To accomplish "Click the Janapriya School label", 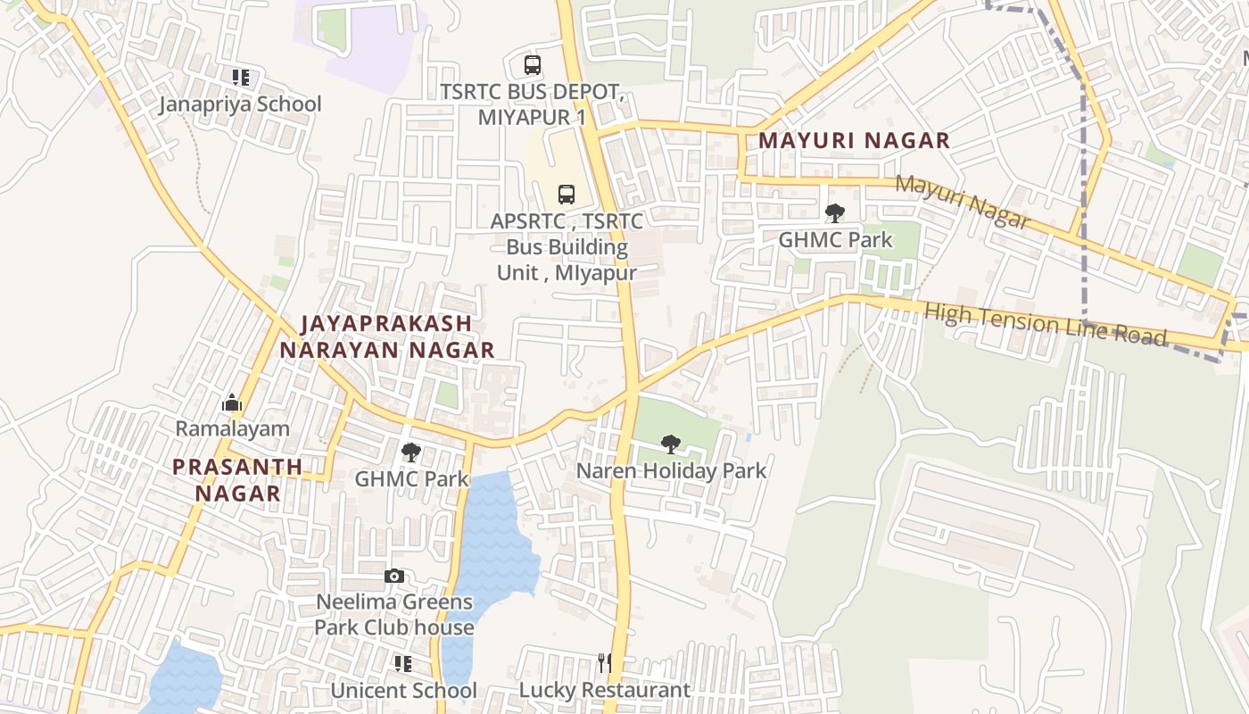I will point(240,104).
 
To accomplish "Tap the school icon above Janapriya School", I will point(240,78).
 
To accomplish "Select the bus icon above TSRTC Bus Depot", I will point(533,65).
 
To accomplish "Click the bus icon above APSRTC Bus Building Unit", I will point(567,194).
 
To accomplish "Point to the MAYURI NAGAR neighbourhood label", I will point(854,140).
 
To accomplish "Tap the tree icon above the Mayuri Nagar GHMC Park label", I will point(835,213).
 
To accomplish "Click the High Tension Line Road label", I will point(1046,324).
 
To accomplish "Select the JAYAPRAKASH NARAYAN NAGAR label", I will point(386,336).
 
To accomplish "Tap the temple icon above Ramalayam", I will point(232,403).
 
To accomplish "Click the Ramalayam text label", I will point(232,428).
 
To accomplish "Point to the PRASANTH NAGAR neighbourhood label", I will point(237,479).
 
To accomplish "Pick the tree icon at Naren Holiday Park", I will point(671,444).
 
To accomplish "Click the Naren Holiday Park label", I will point(671,470).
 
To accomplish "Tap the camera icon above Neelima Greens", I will point(393,577).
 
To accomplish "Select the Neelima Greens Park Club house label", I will point(393,615).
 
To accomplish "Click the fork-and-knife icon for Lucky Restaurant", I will point(605,662).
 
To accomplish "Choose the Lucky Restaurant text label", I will point(605,690).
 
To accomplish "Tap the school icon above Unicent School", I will point(403,664).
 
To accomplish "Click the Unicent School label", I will point(403,691).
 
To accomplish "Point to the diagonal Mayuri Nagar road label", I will point(962,201).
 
